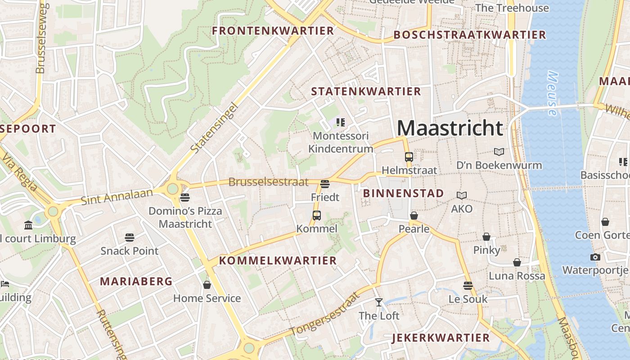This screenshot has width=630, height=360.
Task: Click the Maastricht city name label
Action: [450, 128]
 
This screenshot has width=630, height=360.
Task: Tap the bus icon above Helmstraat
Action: [409, 157]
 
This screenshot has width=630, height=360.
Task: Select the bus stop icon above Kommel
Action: [317, 216]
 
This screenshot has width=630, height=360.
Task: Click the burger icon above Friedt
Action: [325, 184]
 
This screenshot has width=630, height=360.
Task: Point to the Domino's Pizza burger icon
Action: [185, 198]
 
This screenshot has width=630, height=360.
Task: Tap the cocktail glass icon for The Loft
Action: [379, 302]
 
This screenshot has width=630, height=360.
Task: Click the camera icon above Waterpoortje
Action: [595, 257]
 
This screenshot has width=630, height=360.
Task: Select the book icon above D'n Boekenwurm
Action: [499, 152]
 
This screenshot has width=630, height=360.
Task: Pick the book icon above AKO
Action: [462, 195]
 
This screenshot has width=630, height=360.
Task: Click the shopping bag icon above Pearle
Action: [414, 216]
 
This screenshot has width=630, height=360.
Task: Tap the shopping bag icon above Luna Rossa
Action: [517, 262]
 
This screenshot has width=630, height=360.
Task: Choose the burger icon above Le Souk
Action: [468, 286]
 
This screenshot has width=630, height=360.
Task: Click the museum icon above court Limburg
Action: [29, 225]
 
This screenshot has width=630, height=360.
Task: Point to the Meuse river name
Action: [552, 94]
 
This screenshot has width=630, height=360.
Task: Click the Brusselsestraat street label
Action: [268, 182]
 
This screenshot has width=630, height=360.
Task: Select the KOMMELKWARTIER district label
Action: [278, 261]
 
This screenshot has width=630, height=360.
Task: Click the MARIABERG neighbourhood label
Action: [136, 282]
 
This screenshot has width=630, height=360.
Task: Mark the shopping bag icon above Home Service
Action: [207, 285]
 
